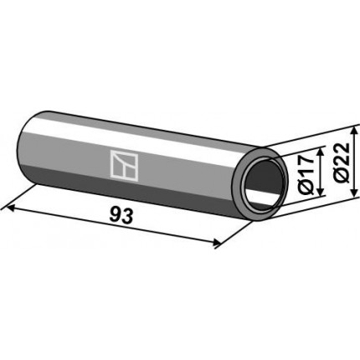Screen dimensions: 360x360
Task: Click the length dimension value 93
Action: (x=121, y=216)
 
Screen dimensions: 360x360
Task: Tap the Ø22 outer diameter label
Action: (x=342, y=162)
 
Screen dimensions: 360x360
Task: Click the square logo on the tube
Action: (x=124, y=166)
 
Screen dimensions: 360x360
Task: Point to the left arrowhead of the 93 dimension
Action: (x=10, y=208)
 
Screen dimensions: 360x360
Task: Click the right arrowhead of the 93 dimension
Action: (x=216, y=243)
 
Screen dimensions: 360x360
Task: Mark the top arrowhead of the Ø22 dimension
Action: (x=354, y=131)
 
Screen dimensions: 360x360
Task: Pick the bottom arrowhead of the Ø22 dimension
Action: (x=354, y=193)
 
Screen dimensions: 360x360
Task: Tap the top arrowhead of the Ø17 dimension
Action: (x=321, y=152)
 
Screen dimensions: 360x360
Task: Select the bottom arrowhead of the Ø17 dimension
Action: (x=321, y=192)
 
